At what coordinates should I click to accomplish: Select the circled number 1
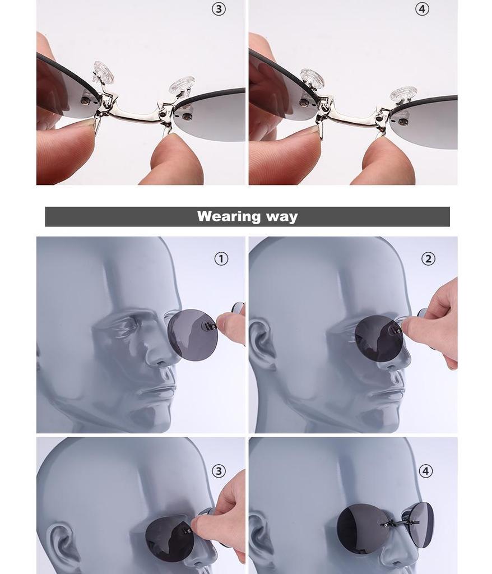coord(221,258)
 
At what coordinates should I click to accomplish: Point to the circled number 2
coord(428,258)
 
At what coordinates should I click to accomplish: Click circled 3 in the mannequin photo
coord(219,471)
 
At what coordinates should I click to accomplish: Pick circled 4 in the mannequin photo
coord(425,471)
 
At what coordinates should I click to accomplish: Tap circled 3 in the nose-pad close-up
coord(219,10)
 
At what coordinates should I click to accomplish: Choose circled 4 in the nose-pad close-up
coord(422,10)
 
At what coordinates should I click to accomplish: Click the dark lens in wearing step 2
coord(378,339)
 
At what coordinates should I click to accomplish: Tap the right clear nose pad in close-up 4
coord(403,94)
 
